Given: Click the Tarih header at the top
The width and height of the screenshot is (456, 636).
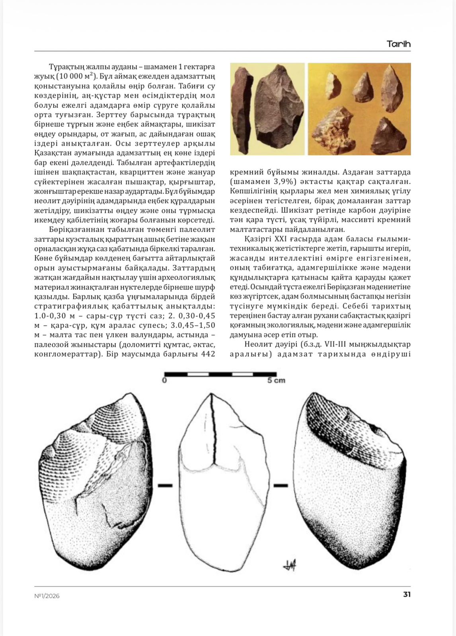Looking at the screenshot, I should [x=398, y=44].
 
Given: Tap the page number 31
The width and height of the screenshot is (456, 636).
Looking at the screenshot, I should [x=407, y=594].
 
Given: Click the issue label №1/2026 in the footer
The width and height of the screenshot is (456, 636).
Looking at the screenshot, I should [x=47, y=595].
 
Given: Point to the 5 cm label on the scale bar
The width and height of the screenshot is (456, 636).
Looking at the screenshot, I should [x=276, y=381].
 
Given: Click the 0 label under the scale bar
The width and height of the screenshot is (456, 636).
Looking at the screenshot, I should [x=165, y=381].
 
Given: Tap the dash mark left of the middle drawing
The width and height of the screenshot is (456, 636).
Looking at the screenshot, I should [x=165, y=485].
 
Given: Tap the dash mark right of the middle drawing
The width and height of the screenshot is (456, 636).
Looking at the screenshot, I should [x=281, y=485].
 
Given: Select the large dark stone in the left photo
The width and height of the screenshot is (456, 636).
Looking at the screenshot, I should [x=278, y=107].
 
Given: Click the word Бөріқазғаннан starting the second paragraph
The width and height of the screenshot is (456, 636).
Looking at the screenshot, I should [x=74, y=230].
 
